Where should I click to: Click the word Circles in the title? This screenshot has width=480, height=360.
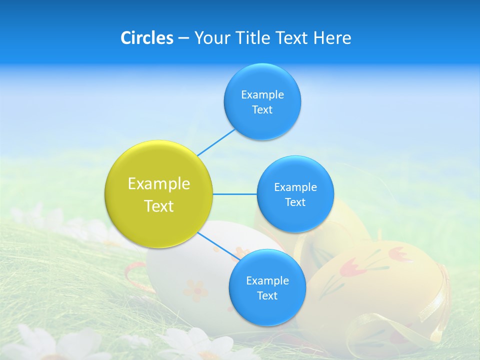point(146,38)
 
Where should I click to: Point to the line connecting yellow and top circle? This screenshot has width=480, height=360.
point(216,141)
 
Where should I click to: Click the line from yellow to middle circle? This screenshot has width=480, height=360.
point(234,194)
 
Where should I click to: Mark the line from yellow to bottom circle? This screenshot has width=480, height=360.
point(218,246)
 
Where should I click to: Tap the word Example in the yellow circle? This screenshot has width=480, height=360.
point(159,184)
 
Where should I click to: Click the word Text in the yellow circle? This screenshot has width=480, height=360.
point(159,206)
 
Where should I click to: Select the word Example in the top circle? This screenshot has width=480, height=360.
point(262,94)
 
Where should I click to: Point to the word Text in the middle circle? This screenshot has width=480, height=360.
point(295,202)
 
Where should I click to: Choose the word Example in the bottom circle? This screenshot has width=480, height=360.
point(267,280)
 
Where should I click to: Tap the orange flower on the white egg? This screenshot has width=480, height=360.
point(195,289)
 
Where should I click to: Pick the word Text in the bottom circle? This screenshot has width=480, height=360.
point(267,295)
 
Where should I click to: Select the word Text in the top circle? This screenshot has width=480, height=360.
point(262,109)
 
